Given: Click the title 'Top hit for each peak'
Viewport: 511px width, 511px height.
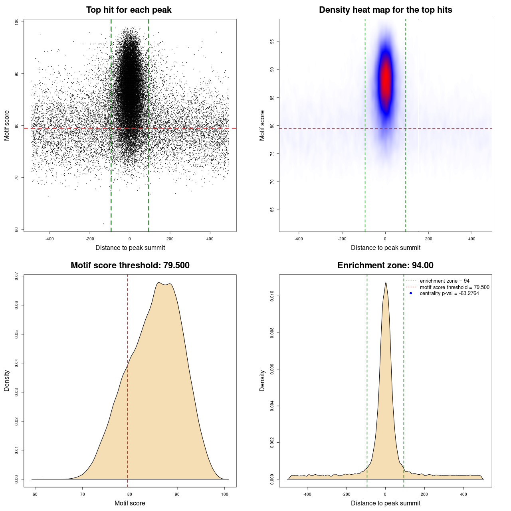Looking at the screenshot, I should tap(129, 10).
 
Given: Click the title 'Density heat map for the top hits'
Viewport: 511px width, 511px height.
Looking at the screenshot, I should tap(385, 10).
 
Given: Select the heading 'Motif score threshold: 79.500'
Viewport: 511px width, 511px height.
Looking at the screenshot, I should tap(130, 265).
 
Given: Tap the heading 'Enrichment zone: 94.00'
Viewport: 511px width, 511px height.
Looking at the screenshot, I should tap(385, 265).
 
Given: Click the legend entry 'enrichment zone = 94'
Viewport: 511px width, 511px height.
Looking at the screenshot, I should tap(444, 281).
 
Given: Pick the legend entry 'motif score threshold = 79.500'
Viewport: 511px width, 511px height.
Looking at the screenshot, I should tap(454, 287).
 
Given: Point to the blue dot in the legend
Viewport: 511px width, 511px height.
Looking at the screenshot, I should tap(411, 293).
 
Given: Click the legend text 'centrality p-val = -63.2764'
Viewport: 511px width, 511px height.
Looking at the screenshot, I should tap(449, 293).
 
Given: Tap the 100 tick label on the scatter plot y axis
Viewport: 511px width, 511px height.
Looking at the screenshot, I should tap(16, 22).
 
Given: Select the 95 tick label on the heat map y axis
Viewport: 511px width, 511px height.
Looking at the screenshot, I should tap(272, 42).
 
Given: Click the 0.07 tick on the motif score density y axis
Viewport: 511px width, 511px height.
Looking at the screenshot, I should tap(16, 276).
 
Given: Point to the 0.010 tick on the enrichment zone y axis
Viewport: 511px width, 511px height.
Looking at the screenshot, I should tap(272, 296).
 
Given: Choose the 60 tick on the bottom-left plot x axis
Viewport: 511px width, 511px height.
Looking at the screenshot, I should tap(35, 495).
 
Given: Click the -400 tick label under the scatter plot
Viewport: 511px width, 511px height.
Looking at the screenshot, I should tap(50, 239).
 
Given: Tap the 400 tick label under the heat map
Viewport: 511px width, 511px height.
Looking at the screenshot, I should tap(472, 239).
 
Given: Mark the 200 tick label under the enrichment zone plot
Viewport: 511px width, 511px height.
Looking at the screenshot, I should tap(424, 495).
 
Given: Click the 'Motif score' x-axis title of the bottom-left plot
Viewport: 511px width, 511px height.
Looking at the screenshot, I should tap(130, 503).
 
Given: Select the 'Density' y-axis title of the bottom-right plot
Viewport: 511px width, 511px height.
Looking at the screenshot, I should tap(262, 380).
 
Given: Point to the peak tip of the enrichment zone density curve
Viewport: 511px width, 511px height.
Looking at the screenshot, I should tap(386, 283).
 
